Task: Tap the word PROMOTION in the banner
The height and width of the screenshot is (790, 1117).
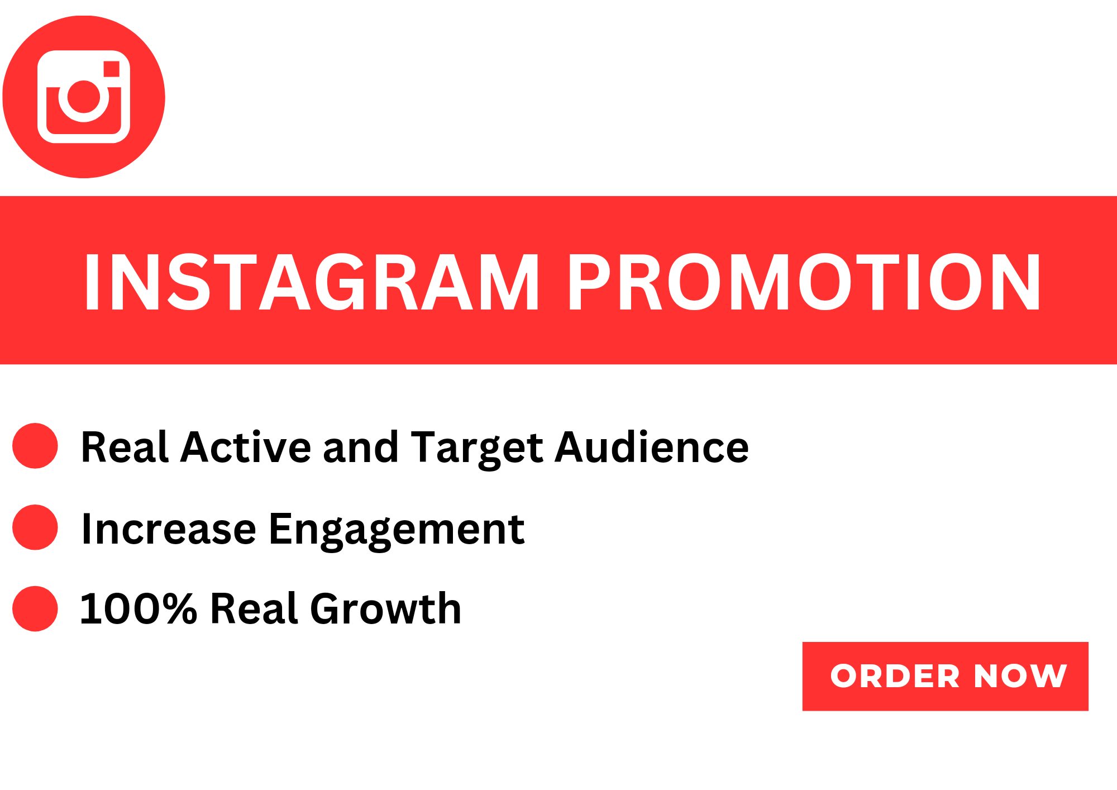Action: [x=804, y=282]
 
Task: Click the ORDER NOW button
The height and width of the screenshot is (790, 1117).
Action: [x=945, y=676]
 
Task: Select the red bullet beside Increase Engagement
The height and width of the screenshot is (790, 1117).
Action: [x=35, y=527]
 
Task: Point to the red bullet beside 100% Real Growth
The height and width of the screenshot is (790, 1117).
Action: [x=35, y=608]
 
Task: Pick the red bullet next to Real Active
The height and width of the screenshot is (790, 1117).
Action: [x=35, y=446]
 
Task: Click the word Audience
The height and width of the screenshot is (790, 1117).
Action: [x=652, y=447]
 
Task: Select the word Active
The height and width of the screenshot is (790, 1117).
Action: [x=246, y=447]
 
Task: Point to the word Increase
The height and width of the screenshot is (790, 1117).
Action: [x=169, y=529]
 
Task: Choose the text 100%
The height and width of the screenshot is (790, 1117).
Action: [x=139, y=608]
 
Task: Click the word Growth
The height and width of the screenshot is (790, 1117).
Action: [x=386, y=608]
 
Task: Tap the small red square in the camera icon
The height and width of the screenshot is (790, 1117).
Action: [x=112, y=69]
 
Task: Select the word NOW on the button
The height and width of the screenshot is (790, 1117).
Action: [x=1020, y=676]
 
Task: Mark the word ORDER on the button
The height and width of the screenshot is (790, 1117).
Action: [x=895, y=676]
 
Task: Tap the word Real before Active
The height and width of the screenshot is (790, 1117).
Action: [x=125, y=447]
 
